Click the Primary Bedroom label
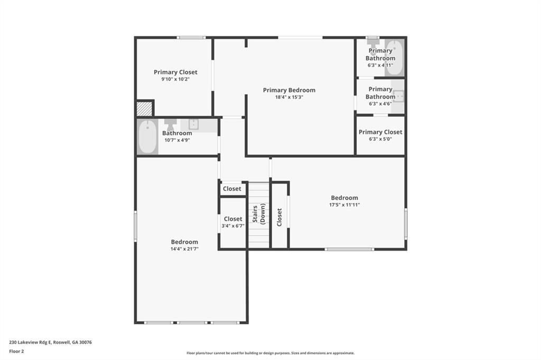(289, 90)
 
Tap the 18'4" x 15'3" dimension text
(289, 97)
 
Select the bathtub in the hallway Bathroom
(148, 137)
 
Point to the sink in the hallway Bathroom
(193, 124)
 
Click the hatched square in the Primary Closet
(144, 109)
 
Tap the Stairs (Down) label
(258, 214)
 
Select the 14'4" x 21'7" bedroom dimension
(184, 249)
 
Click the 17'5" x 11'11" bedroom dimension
(344, 205)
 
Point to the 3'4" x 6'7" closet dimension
(233, 226)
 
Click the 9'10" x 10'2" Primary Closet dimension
(175, 79)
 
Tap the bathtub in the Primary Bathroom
(394, 58)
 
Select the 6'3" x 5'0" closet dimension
(380, 139)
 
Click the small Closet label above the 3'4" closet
(232, 188)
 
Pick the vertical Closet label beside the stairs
(279, 217)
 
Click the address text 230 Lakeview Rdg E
(30, 343)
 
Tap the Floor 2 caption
(16, 352)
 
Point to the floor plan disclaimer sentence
(270, 353)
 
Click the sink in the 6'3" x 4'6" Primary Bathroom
(398, 96)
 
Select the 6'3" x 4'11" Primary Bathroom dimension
(380, 65)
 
